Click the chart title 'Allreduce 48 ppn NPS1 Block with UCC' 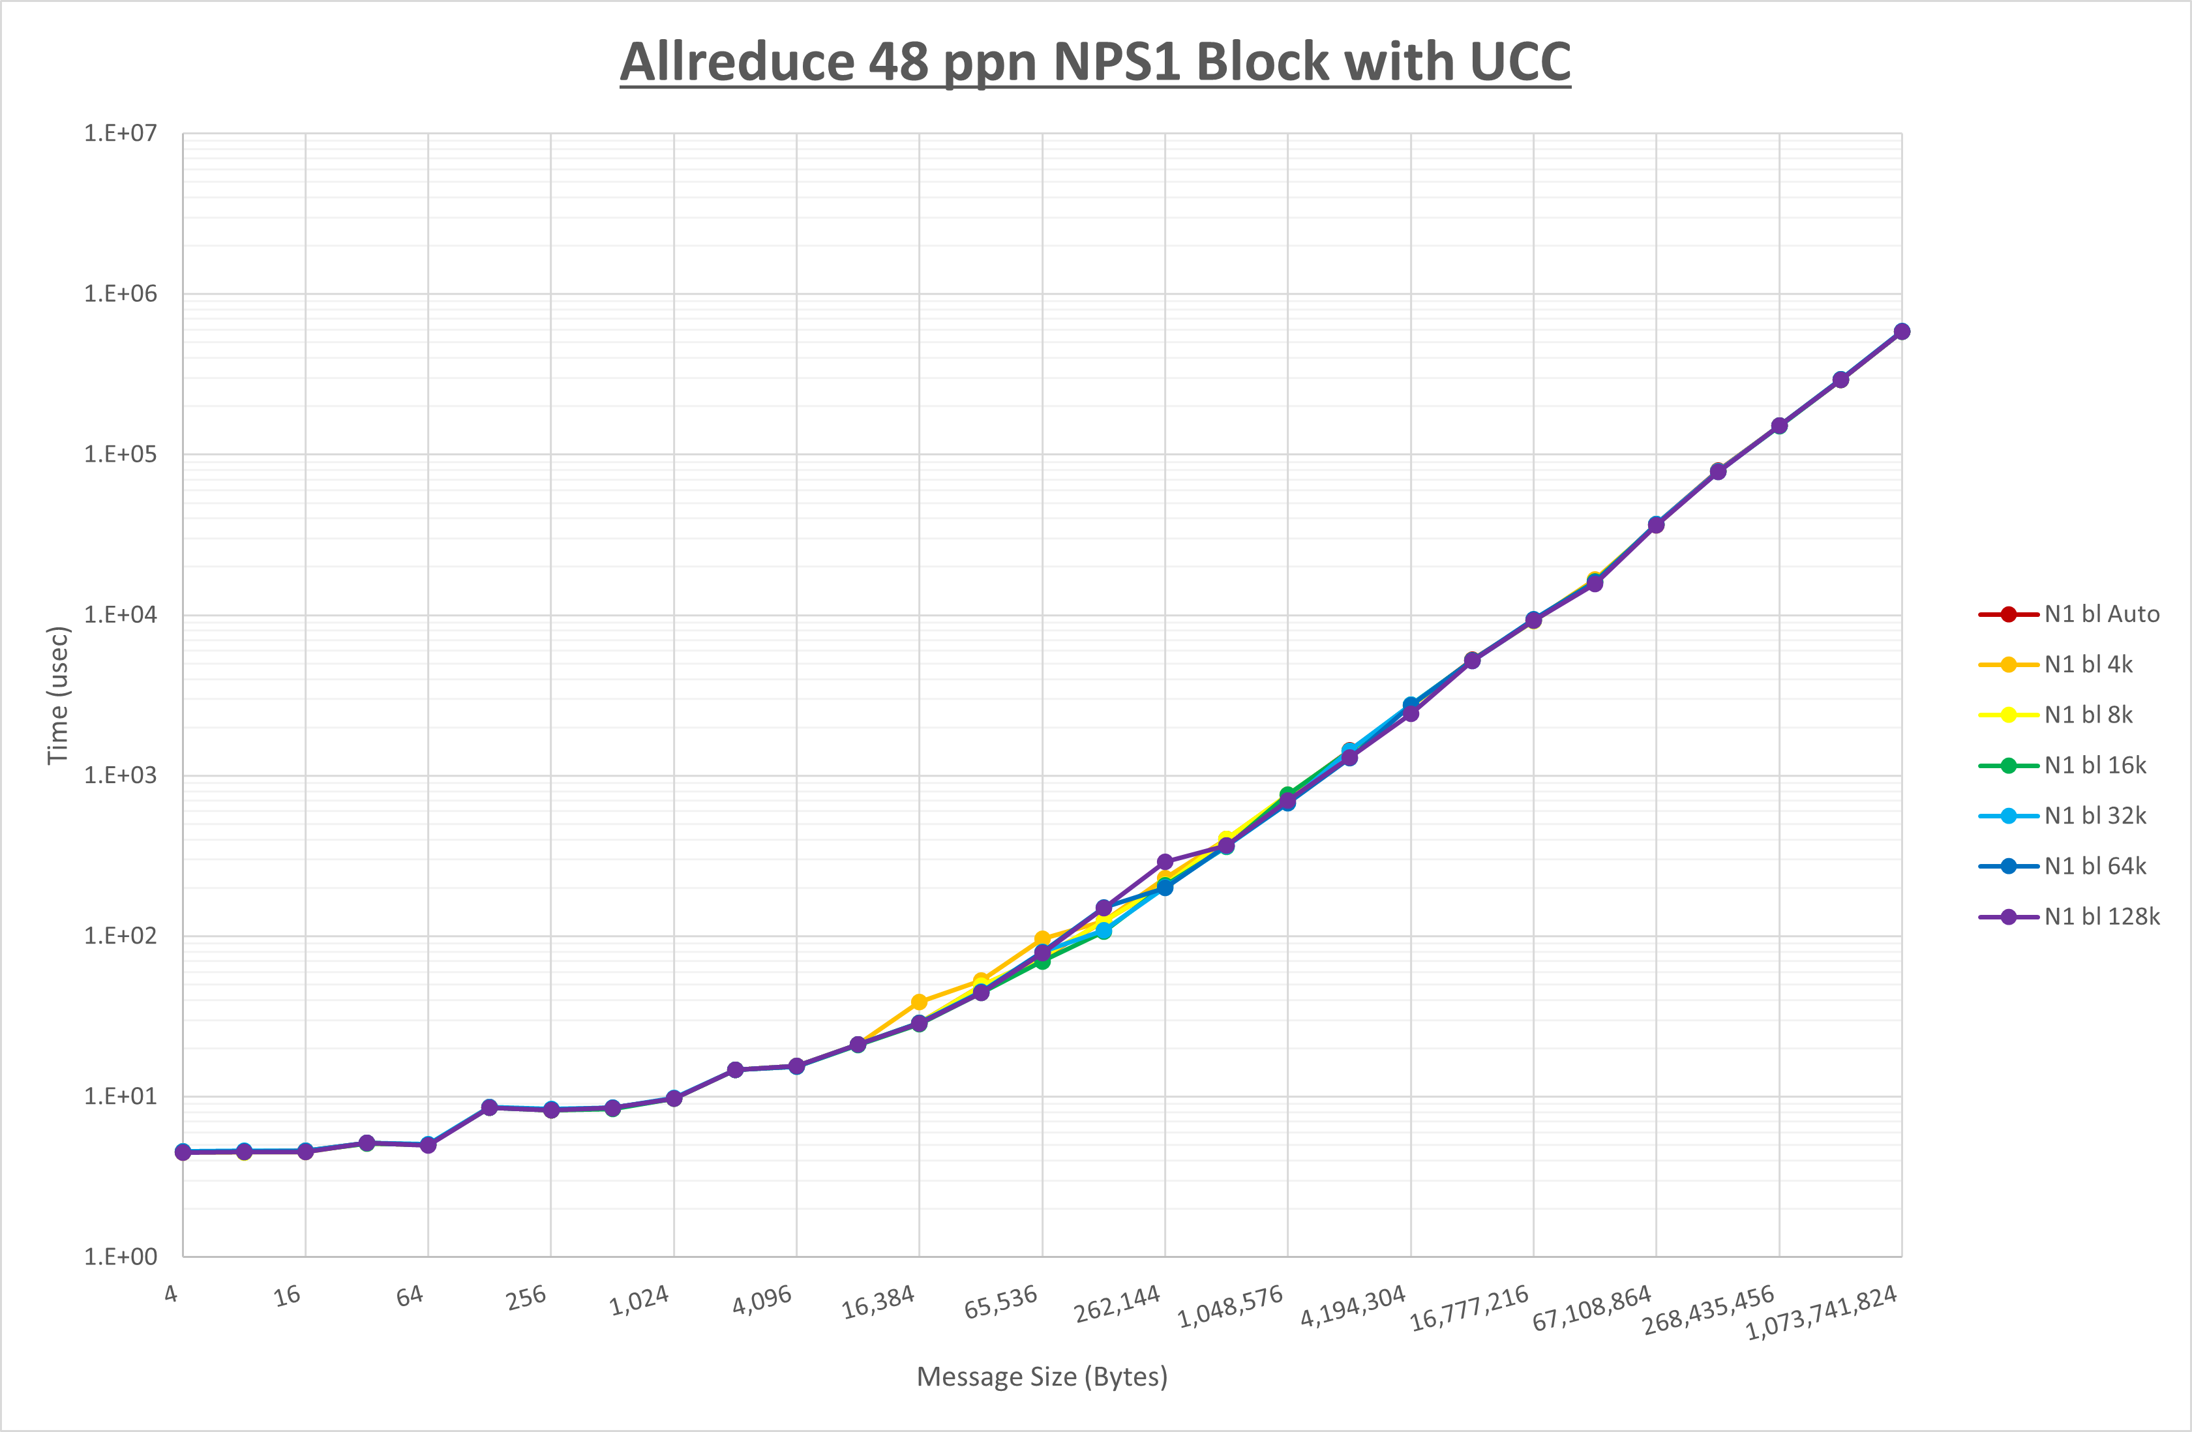(x=1095, y=63)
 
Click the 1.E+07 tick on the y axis (x=121, y=134)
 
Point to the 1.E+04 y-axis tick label (x=121, y=615)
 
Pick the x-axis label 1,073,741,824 (x=1822, y=1312)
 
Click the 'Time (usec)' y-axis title (x=58, y=695)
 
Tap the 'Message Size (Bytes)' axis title (x=1042, y=1377)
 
